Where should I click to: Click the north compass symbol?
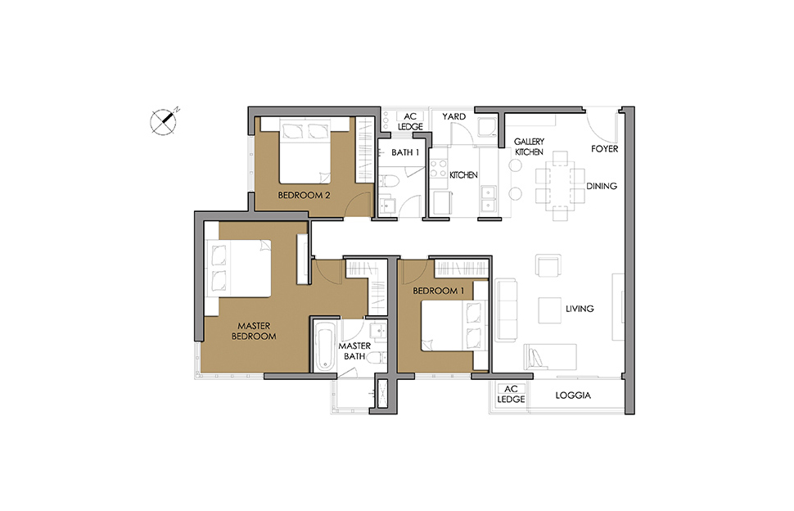tap(163, 121)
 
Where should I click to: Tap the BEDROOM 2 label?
tap(304, 195)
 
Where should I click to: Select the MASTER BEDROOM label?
tap(254, 331)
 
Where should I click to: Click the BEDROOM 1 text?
tap(439, 291)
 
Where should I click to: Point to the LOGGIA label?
tap(573, 396)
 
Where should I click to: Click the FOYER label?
tap(605, 149)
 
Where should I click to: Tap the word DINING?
tap(602, 186)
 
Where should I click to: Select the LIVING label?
tap(580, 309)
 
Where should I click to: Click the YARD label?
tap(453, 116)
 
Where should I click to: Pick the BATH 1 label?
tap(405, 152)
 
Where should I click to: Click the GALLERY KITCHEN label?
tap(529, 147)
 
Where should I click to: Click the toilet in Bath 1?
tap(390, 180)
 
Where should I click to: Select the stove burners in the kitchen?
tap(439, 168)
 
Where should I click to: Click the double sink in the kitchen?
tap(488, 198)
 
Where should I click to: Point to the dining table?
tap(560, 185)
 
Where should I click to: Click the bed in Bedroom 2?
tap(305, 151)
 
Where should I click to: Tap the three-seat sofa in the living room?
tap(506, 310)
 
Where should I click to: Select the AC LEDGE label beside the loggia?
tap(511, 394)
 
